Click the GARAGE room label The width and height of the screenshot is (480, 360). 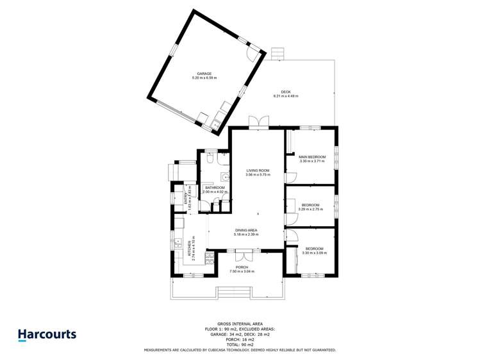(x=204, y=74)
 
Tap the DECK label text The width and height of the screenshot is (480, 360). (x=285, y=92)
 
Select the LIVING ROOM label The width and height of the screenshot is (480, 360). (x=258, y=171)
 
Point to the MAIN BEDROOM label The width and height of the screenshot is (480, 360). (x=312, y=157)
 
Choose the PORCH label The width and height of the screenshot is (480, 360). (x=242, y=267)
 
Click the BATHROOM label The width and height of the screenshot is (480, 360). (x=215, y=188)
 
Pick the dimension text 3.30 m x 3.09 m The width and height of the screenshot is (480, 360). (x=314, y=253)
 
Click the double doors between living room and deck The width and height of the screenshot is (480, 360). (x=259, y=122)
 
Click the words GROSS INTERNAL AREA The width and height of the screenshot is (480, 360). (x=240, y=325)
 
